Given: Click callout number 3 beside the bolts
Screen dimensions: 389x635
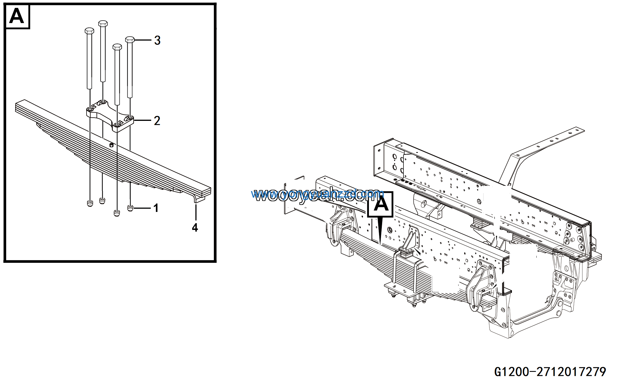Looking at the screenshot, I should [157, 40].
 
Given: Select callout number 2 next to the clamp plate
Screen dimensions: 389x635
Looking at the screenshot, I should [157, 121].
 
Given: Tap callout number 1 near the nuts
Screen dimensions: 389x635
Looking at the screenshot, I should [156, 208].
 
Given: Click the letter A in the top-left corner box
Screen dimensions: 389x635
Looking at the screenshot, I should [17, 16].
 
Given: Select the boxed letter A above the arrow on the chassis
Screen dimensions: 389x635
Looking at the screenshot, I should [380, 204].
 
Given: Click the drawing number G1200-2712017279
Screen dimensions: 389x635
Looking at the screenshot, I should [550, 372].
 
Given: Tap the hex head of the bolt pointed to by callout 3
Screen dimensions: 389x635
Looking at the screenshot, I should [130, 40].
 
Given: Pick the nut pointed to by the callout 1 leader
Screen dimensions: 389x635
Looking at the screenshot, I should [130, 208].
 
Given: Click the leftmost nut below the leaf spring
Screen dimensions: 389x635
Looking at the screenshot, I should [90, 203].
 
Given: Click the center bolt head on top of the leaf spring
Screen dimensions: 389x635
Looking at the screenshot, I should [111, 145].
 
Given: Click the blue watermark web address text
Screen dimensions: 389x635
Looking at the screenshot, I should [317, 194].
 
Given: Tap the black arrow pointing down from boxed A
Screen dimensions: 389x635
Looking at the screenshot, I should [380, 230].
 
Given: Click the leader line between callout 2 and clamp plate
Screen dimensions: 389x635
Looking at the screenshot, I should [143, 121].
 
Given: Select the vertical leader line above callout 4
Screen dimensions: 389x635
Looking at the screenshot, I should [196, 212].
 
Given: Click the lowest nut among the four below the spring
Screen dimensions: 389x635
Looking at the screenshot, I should [117, 213].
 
